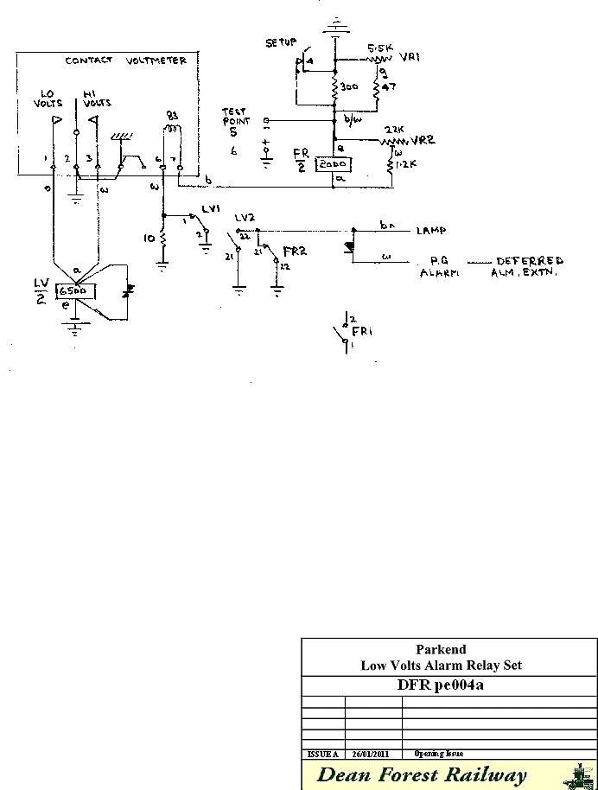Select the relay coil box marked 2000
pyautogui.click(x=332, y=164)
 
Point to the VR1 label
pyautogui.click(x=410, y=57)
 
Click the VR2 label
pyautogui.click(x=423, y=139)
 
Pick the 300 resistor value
pyautogui.click(x=349, y=88)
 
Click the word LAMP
pyautogui.click(x=430, y=231)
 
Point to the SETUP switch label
pyautogui.click(x=281, y=41)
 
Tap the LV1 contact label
pyautogui.click(x=211, y=210)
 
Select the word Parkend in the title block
pyautogui.click(x=441, y=650)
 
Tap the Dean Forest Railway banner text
pyautogui.click(x=422, y=774)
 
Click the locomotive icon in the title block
pyautogui.click(x=578, y=775)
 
